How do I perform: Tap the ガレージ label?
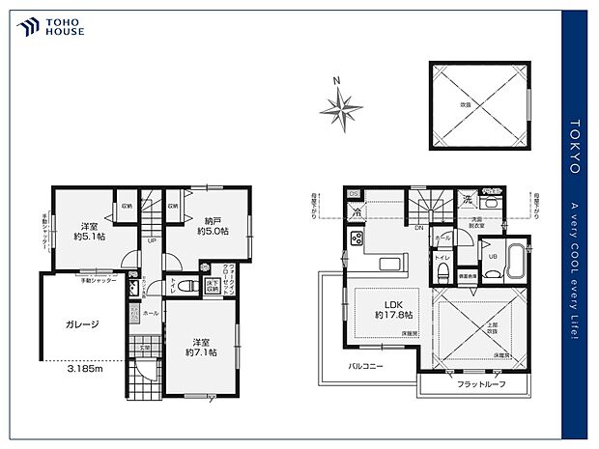[81, 324]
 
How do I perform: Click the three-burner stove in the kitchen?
[356, 239]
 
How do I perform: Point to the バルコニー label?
[369, 366]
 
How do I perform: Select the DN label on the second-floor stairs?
[418, 228]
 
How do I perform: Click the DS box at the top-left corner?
[353, 193]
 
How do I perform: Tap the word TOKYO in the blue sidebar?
[574, 145]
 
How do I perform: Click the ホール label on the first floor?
[152, 314]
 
